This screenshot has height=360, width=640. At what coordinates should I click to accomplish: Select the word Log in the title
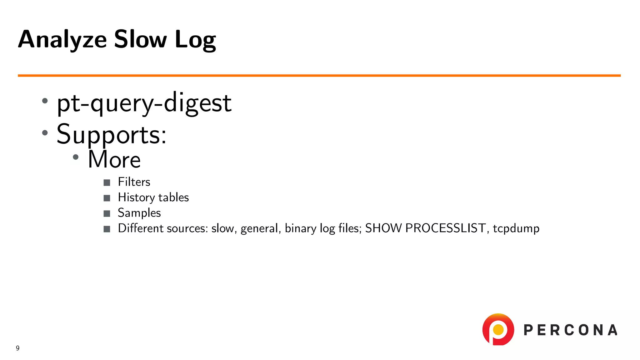[x=195, y=40]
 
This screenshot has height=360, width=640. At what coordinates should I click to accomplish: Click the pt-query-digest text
[x=144, y=103]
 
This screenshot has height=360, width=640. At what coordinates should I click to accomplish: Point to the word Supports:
[x=112, y=134]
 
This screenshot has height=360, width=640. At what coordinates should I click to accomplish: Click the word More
[x=114, y=159]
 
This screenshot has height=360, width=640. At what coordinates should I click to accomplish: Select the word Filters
[x=134, y=182]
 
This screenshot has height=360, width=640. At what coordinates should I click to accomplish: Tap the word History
[x=136, y=197]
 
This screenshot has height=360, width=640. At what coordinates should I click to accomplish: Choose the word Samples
[x=139, y=213]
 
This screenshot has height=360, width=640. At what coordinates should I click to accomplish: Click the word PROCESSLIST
[x=446, y=228]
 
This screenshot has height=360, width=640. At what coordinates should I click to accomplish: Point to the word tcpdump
[x=516, y=228]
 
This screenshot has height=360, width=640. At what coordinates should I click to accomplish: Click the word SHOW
[x=383, y=228]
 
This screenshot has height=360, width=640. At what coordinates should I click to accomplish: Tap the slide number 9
[x=18, y=348]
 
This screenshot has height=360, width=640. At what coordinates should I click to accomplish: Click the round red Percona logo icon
[x=498, y=329]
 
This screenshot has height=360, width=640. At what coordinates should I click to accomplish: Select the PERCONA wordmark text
[x=570, y=330]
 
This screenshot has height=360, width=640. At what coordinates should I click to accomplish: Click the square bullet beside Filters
[x=107, y=182]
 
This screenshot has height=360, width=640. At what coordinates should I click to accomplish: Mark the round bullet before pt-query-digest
[x=45, y=101]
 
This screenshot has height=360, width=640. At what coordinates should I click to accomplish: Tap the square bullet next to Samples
[x=107, y=213]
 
